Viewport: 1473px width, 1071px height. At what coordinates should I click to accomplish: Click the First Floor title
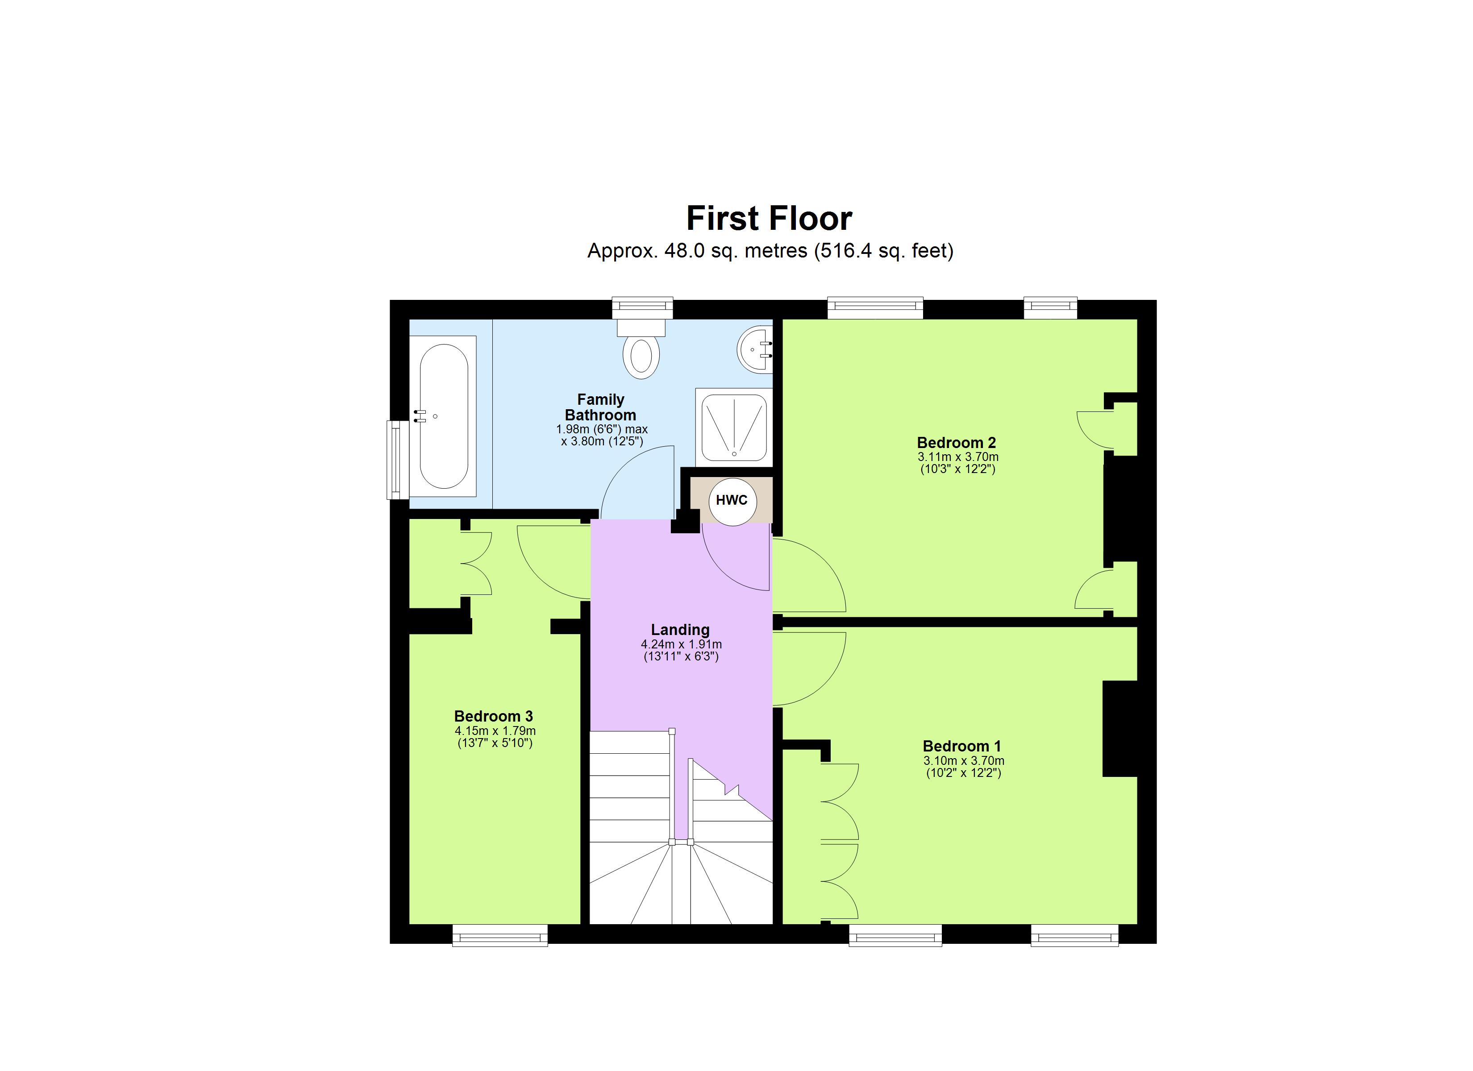[769, 219]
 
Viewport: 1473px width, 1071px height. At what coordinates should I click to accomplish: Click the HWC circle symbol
[732, 501]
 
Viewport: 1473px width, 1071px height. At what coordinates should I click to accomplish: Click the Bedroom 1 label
[962, 746]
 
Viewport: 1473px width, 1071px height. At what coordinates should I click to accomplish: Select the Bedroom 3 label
[494, 716]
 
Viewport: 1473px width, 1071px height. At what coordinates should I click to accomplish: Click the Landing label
[680, 629]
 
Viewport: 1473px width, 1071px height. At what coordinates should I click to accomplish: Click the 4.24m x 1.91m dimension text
[681, 644]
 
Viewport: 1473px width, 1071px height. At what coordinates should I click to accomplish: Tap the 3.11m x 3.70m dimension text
[958, 457]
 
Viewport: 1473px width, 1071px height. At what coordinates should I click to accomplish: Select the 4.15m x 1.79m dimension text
[495, 731]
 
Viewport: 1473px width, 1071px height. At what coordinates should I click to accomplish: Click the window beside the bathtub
[394, 460]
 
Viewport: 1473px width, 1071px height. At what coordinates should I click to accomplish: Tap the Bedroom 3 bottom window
[500, 936]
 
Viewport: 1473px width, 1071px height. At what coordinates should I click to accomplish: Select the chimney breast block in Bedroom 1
[1119, 729]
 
